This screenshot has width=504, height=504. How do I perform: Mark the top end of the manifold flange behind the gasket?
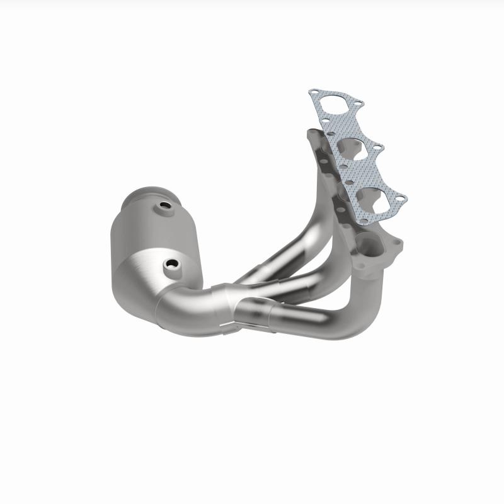point(311,136)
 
